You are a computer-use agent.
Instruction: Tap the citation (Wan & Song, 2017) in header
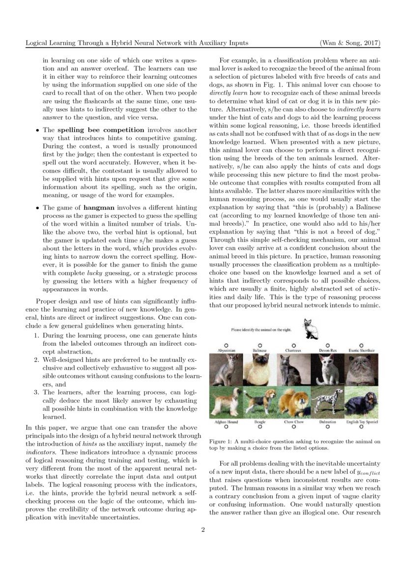pyautogui.click(x=349, y=43)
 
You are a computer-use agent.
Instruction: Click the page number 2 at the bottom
pyautogui.click(x=203, y=530)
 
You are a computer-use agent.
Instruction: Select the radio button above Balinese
pyautogui.click(x=260, y=345)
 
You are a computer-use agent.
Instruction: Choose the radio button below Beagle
pyautogui.click(x=260, y=427)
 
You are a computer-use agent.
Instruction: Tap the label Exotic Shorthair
pyautogui.click(x=362, y=350)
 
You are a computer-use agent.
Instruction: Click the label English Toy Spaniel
pyautogui.click(x=362, y=422)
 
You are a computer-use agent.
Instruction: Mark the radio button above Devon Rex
pyautogui.click(x=327, y=345)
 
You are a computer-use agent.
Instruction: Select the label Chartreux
pyautogui.click(x=293, y=350)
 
